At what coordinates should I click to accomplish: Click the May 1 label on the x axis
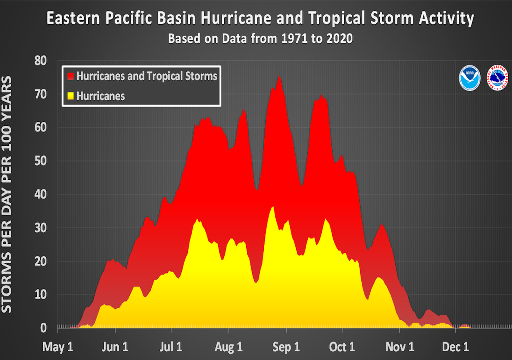click(x=58, y=346)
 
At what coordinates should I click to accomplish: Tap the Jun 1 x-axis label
click(x=115, y=346)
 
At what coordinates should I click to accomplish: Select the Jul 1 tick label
click(x=171, y=346)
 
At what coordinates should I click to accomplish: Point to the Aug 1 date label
click(x=229, y=346)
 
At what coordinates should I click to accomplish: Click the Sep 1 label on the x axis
click(x=286, y=346)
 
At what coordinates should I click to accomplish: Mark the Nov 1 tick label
click(x=400, y=346)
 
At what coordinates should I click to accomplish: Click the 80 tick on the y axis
click(x=40, y=61)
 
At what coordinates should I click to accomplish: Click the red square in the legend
click(x=70, y=76)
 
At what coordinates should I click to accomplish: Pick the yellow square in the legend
click(x=70, y=95)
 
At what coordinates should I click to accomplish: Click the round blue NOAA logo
click(x=470, y=78)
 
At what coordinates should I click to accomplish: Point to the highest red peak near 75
click(x=279, y=77)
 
